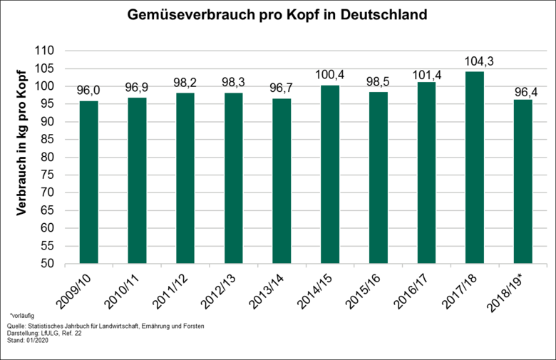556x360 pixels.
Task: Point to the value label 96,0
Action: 89,90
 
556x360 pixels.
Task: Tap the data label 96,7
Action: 282,88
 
